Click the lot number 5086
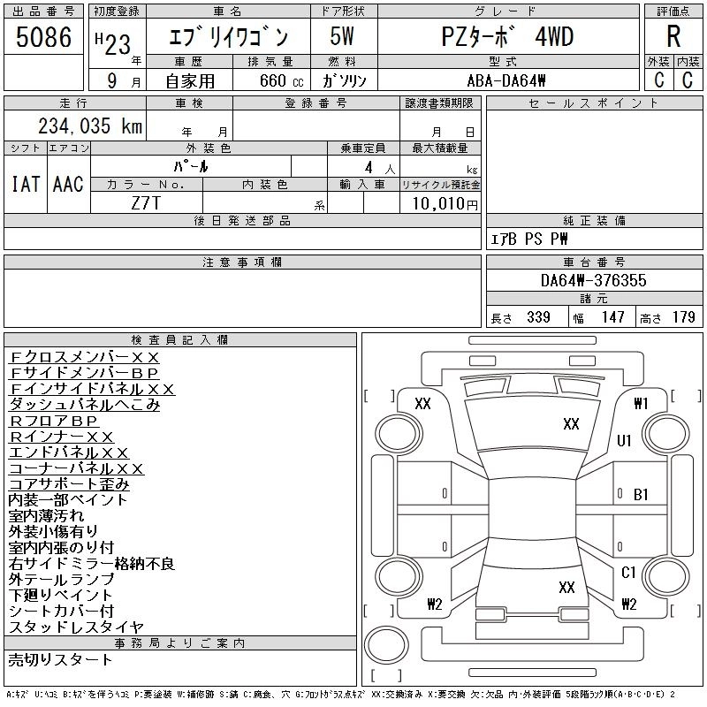tap(44, 37)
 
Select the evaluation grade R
tap(673, 36)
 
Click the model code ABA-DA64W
tap(506, 80)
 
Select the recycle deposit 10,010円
tap(438, 203)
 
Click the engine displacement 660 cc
tap(270, 80)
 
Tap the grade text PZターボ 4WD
tap(507, 37)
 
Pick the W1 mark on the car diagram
tap(642, 404)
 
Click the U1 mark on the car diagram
tap(625, 440)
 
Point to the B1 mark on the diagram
tap(642, 495)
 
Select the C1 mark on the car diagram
tap(628, 573)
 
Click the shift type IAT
tap(24, 184)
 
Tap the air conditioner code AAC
tap(68, 184)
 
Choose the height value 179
tap(684, 317)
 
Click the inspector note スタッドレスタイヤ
tap(75, 627)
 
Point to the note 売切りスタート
tap(60, 659)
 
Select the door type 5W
tap(343, 37)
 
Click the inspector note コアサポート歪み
tap(69, 484)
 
